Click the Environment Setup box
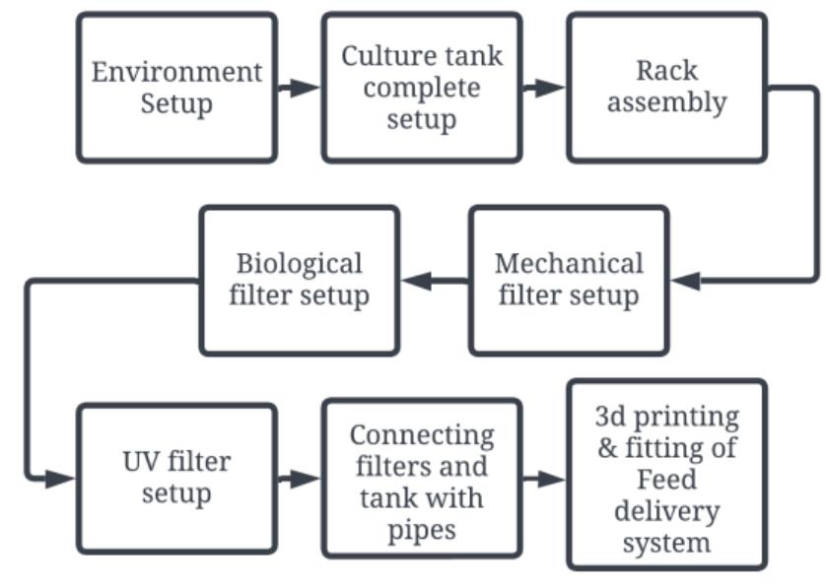176,88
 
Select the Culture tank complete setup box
421,88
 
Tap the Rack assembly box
666,88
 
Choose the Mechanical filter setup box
568,280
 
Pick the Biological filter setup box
299,280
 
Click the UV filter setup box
176,478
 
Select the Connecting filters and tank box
421,478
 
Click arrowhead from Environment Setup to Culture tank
309,88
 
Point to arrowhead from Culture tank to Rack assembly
553,88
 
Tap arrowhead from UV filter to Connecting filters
308,479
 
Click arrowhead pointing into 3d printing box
553,479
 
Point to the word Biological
299,264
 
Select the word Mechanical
569,264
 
